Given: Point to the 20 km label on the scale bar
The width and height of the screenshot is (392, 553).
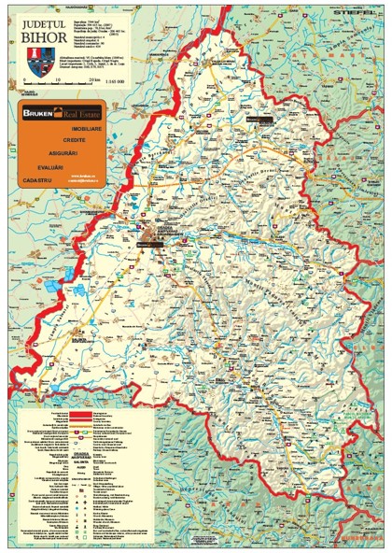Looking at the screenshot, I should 93,81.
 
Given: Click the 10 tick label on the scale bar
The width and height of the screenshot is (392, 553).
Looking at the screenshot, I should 57,81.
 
